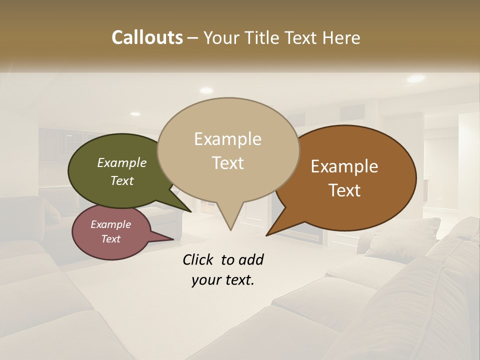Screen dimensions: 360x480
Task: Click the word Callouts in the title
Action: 147,37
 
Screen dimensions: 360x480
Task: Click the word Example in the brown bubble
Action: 344,166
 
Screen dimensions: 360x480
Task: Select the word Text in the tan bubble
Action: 228,163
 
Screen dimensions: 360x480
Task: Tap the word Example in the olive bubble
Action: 122,162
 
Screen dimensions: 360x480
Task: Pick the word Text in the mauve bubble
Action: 111,239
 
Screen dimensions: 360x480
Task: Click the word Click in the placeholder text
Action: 197,259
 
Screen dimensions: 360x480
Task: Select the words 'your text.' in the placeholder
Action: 223,280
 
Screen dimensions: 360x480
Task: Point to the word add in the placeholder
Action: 251,259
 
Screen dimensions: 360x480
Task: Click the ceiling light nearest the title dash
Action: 206,90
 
